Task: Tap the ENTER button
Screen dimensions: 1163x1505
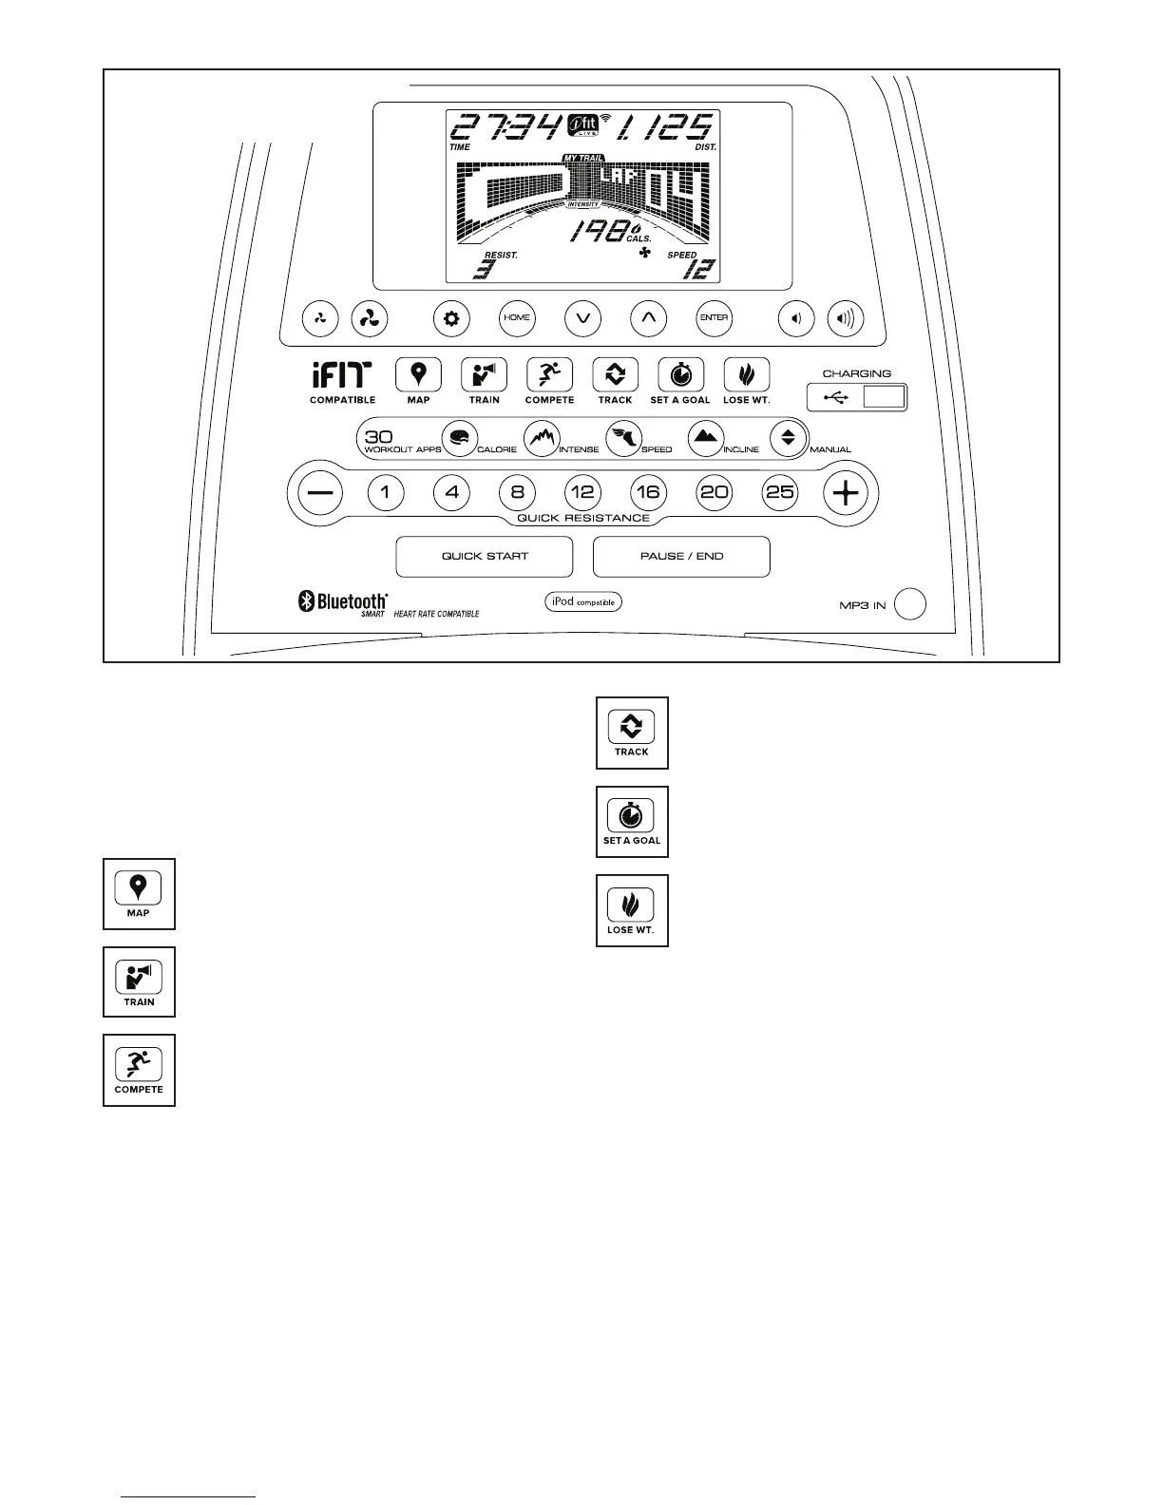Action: pyautogui.click(x=714, y=318)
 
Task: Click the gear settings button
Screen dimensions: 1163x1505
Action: pyautogui.click(x=451, y=318)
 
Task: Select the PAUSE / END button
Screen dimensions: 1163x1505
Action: pyautogui.click(x=681, y=557)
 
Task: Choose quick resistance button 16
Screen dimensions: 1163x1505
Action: pyautogui.click(x=648, y=492)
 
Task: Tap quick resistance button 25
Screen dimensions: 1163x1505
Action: pyautogui.click(x=780, y=492)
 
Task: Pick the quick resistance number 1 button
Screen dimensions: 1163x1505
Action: pyautogui.click(x=385, y=492)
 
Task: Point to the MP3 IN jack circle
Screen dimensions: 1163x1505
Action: pyautogui.click(x=910, y=604)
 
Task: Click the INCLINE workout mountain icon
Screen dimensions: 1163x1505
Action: pyautogui.click(x=705, y=438)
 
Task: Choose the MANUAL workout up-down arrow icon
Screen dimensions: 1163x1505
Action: pyautogui.click(x=788, y=438)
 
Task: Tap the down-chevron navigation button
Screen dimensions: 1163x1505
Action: pyautogui.click(x=582, y=318)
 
